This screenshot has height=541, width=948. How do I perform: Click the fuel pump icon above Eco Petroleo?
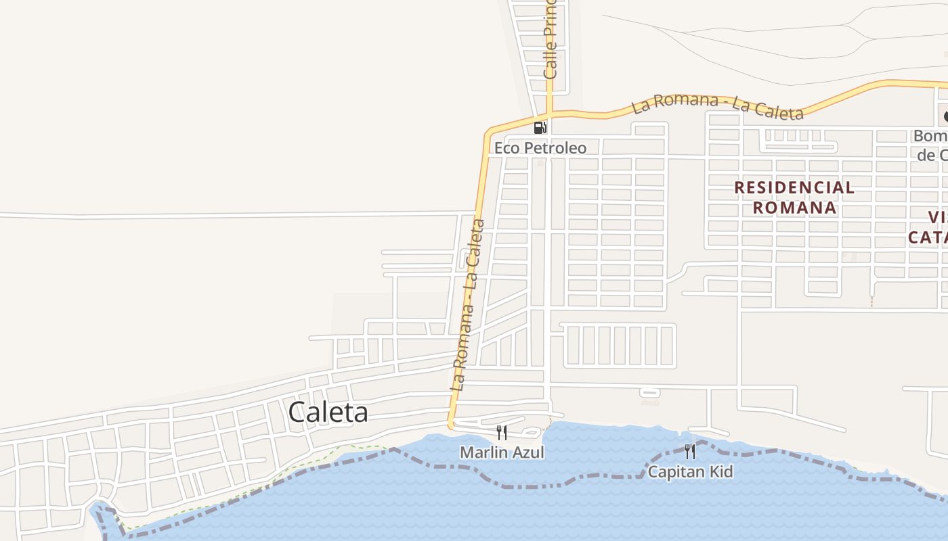tap(540, 127)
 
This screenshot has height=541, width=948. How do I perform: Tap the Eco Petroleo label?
tap(540, 147)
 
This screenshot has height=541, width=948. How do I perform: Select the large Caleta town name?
tap(328, 412)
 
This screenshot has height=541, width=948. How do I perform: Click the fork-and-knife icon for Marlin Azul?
tap(502, 433)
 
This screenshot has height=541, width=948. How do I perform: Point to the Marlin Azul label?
tap(502, 452)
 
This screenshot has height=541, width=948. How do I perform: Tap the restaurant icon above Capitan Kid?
tap(690, 452)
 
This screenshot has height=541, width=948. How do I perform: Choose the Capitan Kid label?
tap(690, 471)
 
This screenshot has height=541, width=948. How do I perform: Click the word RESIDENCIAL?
tap(794, 187)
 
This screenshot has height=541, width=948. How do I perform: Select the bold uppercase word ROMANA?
tap(794, 208)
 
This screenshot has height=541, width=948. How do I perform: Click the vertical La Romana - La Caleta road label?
tap(468, 304)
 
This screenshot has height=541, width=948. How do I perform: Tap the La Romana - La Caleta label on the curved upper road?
tap(717, 107)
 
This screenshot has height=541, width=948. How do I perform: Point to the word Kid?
tap(720, 471)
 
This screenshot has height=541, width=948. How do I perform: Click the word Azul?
tap(528, 452)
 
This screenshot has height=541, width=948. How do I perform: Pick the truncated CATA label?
tap(928, 237)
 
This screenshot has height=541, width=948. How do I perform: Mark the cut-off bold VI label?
tap(937, 217)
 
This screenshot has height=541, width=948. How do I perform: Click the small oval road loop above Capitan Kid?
tap(649, 392)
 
